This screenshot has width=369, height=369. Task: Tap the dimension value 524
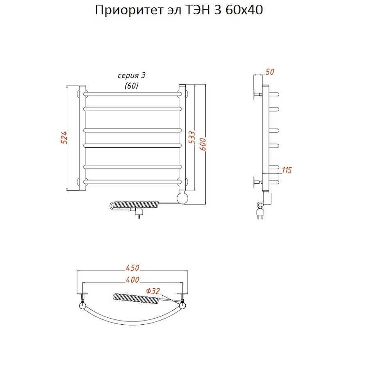64,138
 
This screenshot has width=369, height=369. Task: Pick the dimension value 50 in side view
269,72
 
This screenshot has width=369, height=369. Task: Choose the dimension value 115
287,170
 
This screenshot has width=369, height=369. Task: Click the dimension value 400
132,280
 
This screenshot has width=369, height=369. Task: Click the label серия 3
132,76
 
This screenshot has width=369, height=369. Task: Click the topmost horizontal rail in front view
132,94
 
